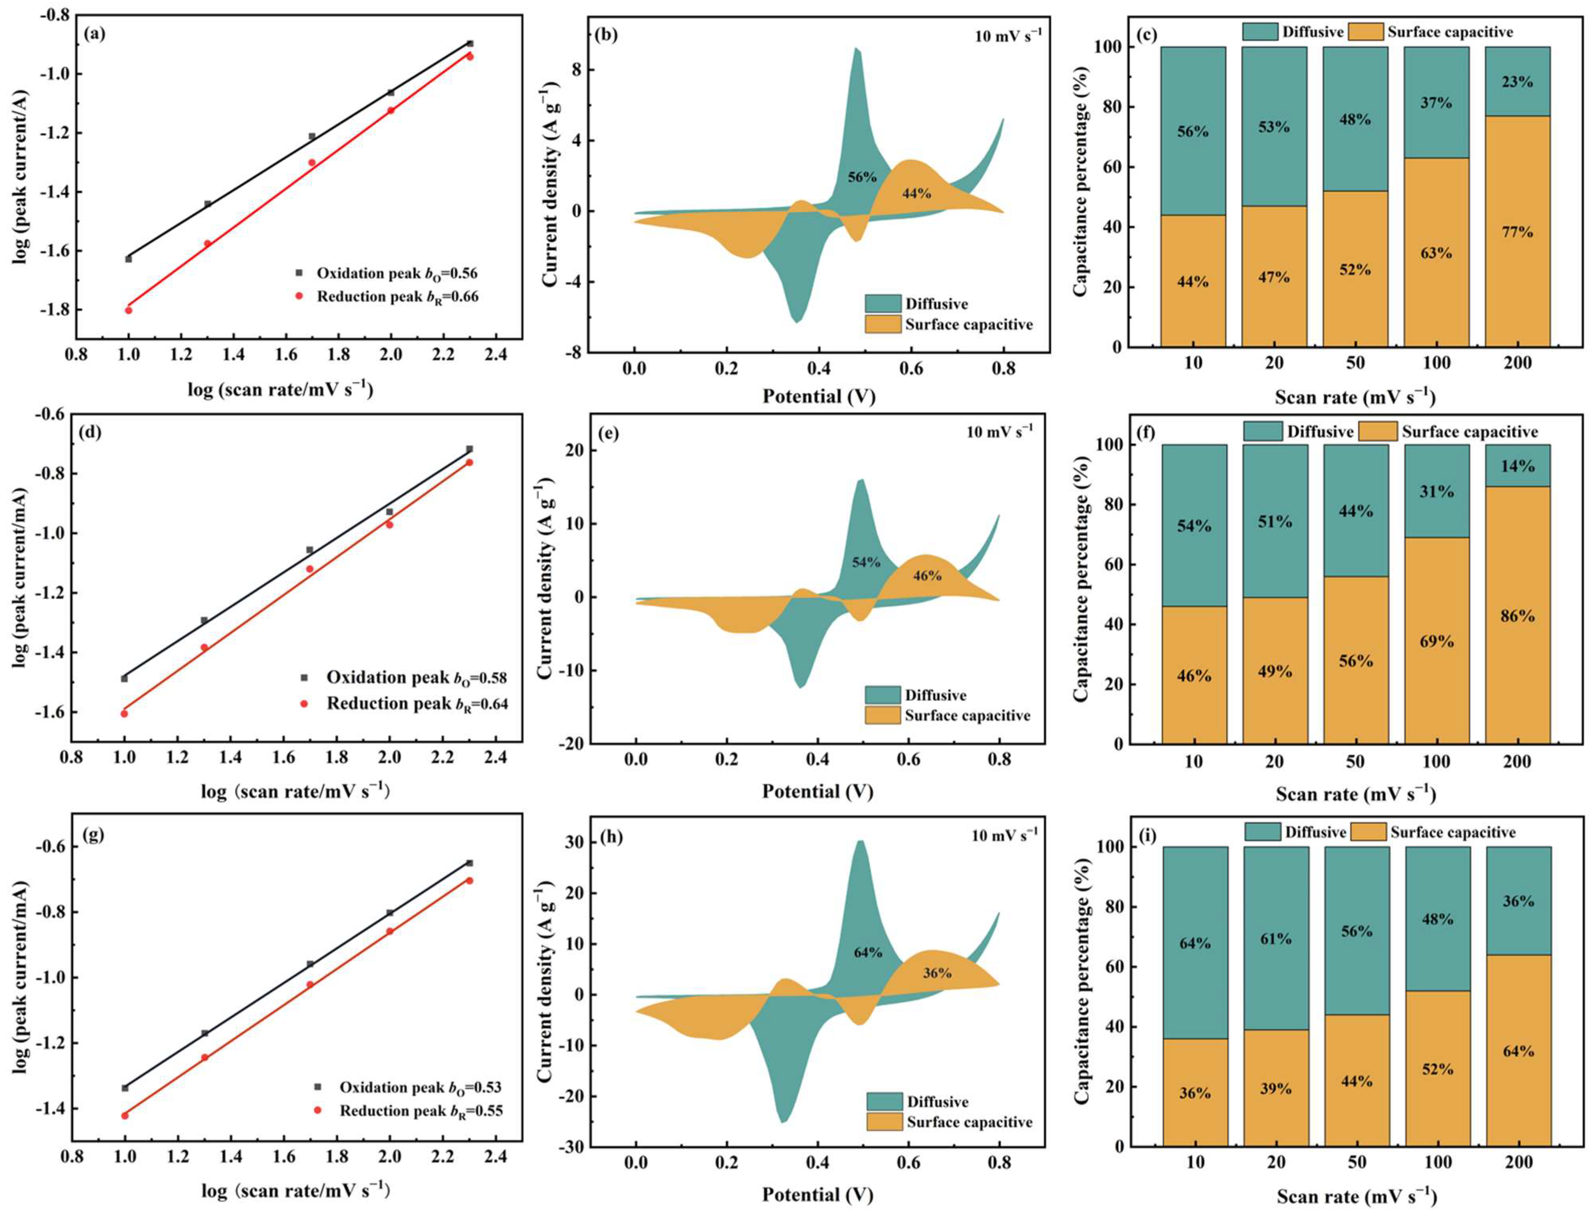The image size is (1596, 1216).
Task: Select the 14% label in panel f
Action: (1517, 466)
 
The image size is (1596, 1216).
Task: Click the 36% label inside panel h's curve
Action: (937, 974)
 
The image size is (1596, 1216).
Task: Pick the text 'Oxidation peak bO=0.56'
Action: (397, 273)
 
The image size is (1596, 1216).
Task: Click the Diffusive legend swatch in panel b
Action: (883, 304)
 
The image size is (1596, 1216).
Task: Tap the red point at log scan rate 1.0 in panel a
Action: (129, 310)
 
